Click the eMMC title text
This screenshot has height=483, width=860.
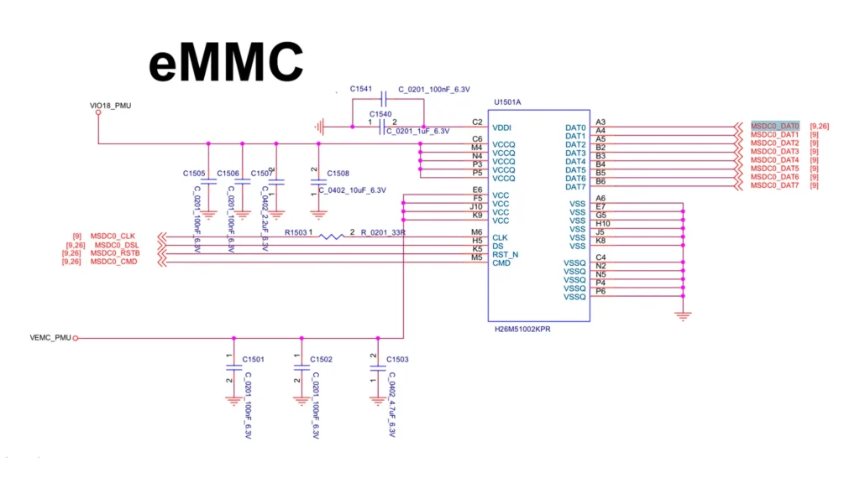227,63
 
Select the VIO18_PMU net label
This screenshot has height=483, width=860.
111,106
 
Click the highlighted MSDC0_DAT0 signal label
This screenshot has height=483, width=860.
774,126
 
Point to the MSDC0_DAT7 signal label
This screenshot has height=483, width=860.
774,185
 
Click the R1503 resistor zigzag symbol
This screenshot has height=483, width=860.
332,236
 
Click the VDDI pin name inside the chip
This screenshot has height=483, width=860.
502,127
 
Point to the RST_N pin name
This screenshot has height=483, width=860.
505,254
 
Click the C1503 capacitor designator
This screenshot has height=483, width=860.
398,359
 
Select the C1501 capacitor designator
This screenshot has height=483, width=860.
254,359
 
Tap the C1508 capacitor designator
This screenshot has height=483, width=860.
338,174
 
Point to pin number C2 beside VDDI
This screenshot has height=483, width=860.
477,122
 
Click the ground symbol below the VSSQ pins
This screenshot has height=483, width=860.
684,315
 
